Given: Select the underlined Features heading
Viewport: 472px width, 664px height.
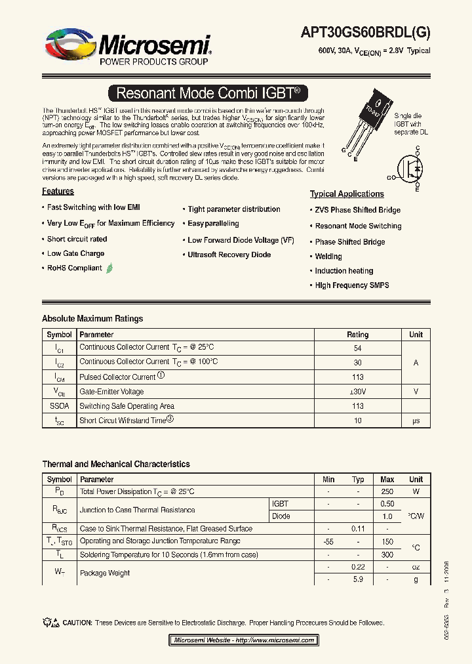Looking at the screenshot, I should (58, 192).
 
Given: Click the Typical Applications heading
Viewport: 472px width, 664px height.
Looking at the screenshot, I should (347, 194).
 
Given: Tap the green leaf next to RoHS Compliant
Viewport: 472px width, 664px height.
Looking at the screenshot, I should (109, 268).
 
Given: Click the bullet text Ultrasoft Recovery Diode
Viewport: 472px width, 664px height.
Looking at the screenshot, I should (229, 255).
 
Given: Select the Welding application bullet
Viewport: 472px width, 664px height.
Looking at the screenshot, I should (328, 257).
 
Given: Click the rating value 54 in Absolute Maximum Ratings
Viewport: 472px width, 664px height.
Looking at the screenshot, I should (358, 348).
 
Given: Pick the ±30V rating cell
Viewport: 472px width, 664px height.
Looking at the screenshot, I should (358, 392).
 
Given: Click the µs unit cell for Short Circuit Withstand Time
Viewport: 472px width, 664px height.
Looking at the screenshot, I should (416, 421).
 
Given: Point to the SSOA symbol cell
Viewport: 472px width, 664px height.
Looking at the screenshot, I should (60, 406).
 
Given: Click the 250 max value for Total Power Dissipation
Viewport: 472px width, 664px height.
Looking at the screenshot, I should (387, 491).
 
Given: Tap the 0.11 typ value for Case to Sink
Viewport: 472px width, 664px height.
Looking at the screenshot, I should (358, 529).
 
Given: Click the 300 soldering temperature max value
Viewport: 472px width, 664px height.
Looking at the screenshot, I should (387, 554).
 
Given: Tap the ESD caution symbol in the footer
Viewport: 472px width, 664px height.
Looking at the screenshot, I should (50, 622).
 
